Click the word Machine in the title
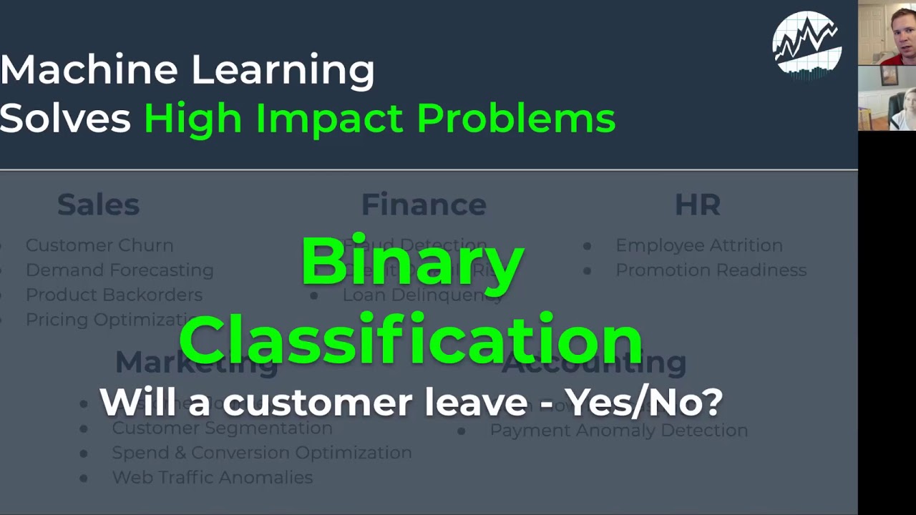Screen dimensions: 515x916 [x=88, y=70]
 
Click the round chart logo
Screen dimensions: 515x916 [x=807, y=43]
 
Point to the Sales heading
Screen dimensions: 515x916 [x=98, y=205]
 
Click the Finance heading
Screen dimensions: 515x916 [x=424, y=205]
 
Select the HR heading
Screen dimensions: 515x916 [x=697, y=205]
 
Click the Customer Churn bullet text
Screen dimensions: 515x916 [x=99, y=245]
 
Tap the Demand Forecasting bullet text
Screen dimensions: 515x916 [x=120, y=270]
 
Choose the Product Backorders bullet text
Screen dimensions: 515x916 [x=114, y=295]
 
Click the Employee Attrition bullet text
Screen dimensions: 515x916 [x=698, y=245]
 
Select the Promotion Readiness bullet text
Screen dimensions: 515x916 [x=711, y=270]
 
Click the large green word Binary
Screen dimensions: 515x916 [x=412, y=262]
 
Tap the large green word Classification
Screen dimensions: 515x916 [x=411, y=339]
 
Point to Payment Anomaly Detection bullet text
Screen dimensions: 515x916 [x=618, y=430]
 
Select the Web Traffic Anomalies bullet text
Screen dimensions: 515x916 [x=212, y=477]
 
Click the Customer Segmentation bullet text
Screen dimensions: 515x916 [x=222, y=428]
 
